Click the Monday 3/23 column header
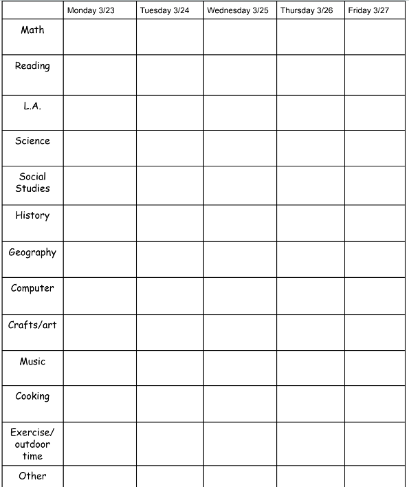tap(91, 11)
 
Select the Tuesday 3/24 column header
tap(164, 11)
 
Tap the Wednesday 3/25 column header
tap(238, 11)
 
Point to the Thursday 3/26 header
tap(307, 11)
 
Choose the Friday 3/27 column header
tap(368, 11)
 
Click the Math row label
tap(32, 30)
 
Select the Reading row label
tap(32, 66)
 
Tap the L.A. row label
tap(32, 106)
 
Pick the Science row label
tap(32, 141)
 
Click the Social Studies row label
tap(32, 182)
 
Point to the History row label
tap(32, 215)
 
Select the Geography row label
tap(32, 252)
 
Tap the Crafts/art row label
tap(32, 325)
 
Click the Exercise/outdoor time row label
tap(32, 444)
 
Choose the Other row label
tap(32, 476)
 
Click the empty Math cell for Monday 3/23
tap(100, 37)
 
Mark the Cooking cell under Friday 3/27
tap(375, 404)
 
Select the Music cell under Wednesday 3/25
tap(240, 368)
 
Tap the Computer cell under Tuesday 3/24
tap(170, 296)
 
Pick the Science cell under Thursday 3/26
tap(311, 148)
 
